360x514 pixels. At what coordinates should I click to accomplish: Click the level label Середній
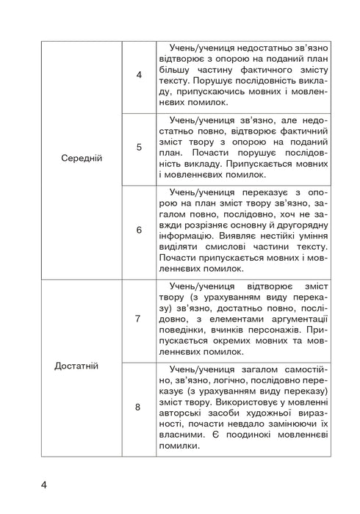(x=82, y=158)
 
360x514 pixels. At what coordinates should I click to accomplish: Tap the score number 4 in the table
(x=139, y=76)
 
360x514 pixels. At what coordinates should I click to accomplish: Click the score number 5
(x=139, y=147)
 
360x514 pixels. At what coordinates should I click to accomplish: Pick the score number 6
(x=139, y=230)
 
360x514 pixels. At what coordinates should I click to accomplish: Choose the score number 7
(x=139, y=319)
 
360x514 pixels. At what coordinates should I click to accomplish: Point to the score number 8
(x=139, y=406)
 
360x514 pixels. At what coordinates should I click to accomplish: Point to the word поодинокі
(x=248, y=449)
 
